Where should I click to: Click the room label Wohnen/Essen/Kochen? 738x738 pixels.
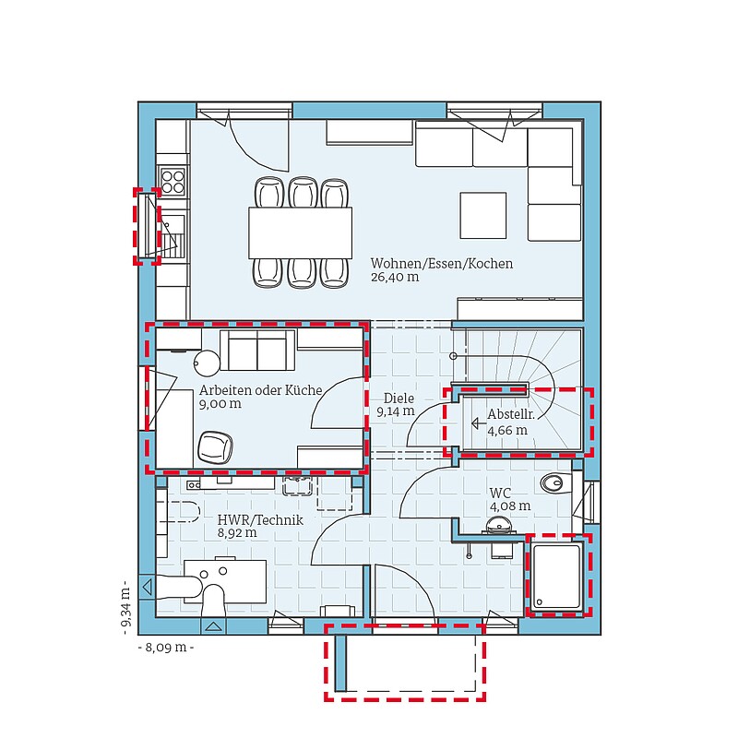click(x=442, y=264)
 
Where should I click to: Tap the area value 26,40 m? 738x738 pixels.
click(x=395, y=278)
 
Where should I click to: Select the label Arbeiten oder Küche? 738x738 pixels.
click(x=261, y=390)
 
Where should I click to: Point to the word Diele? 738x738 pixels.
click(x=399, y=399)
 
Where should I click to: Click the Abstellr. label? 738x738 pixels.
click(x=511, y=414)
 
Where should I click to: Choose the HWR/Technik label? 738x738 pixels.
click(x=260, y=520)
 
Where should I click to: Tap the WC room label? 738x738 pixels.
click(x=500, y=493)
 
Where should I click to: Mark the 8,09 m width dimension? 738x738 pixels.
click(x=166, y=648)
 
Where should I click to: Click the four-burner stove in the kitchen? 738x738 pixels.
click(x=173, y=181)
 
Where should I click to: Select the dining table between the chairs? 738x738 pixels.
click(x=301, y=232)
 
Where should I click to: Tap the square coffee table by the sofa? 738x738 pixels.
click(x=483, y=215)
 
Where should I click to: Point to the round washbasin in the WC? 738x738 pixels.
click(x=498, y=525)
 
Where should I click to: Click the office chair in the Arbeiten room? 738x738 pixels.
click(x=215, y=447)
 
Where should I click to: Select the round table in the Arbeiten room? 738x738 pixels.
click(x=207, y=363)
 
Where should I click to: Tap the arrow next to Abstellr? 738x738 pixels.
click(x=479, y=423)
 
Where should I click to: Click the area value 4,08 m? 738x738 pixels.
click(x=510, y=506)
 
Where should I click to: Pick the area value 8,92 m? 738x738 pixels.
click(x=237, y=533)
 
